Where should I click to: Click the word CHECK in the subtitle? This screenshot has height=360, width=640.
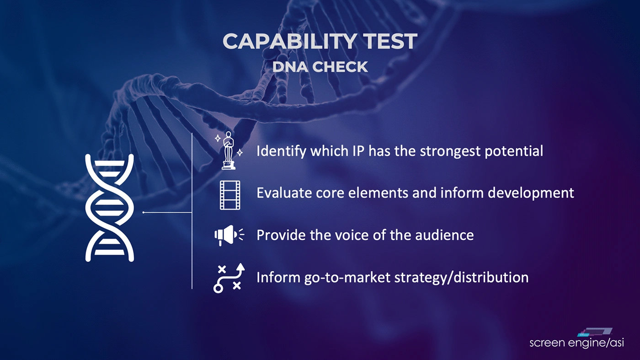340,67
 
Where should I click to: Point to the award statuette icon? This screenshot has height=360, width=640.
229,150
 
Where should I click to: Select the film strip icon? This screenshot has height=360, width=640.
230,195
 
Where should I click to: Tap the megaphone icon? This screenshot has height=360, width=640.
229,235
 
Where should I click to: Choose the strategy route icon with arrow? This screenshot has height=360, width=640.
229,278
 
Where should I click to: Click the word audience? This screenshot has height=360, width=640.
444,235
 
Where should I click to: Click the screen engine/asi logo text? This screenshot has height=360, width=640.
576,343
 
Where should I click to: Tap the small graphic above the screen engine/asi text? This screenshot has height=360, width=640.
595,332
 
